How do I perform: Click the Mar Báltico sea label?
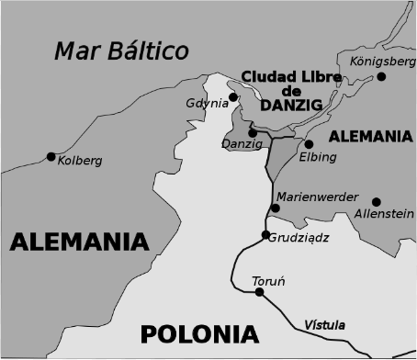click(x=120, y=50)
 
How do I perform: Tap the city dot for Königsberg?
click(x=382, y=76)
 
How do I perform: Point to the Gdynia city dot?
click(x=233, y=96)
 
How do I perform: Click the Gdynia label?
click(x=206, y=103)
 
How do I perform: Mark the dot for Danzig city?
click(x=253, y=133)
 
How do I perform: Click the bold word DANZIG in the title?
click(x=292, y=107)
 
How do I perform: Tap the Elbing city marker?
click(x=310, y=144)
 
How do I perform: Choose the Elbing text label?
click(x=319, y=157)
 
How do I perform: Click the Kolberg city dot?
click(x=51, y=155)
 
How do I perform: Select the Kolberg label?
click(x=79, y=162)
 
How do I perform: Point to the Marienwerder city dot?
click(x=275, y=208)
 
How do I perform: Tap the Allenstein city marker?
click(x=377, y=201)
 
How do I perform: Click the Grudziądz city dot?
click(x=265, y=235)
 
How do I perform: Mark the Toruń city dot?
click(x=260, y=292)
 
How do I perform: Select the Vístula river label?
click(x=324, y=324)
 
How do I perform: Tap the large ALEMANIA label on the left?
click(x=79, y=242)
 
